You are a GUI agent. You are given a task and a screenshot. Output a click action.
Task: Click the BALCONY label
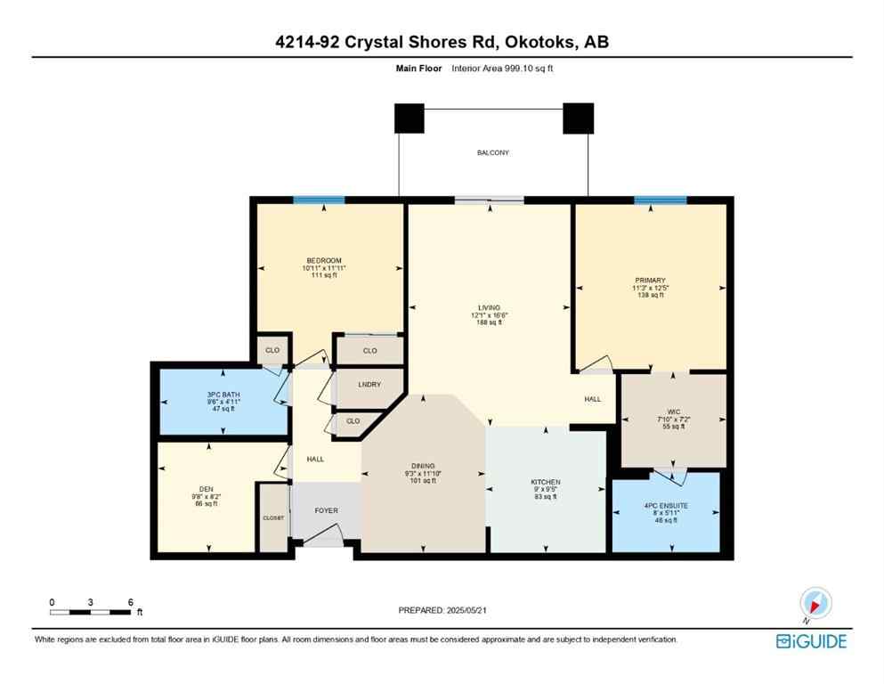pyautogui.click(x=492, y=153)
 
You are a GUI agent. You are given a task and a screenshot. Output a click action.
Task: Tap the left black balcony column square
pyautogui.click(x=409, y=118)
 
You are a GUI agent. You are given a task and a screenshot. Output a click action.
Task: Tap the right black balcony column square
pyautogui.click(x=578, y=118)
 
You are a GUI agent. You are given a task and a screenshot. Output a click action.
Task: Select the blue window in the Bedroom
pyautogui.click(x=319, y=199)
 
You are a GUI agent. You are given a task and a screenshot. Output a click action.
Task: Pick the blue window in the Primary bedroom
pyautogui.click(x=660, y=199)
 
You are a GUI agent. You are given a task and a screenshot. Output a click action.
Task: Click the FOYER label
pyautogui.click(x=326, y=510)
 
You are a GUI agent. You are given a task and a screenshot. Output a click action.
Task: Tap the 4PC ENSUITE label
pyautogui.click(x=666, y=505)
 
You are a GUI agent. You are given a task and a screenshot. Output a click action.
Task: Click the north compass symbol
pyautogui.click(x=815, y=602)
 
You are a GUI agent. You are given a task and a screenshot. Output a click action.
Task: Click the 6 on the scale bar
pyautogui.click(x=131, y=602)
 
